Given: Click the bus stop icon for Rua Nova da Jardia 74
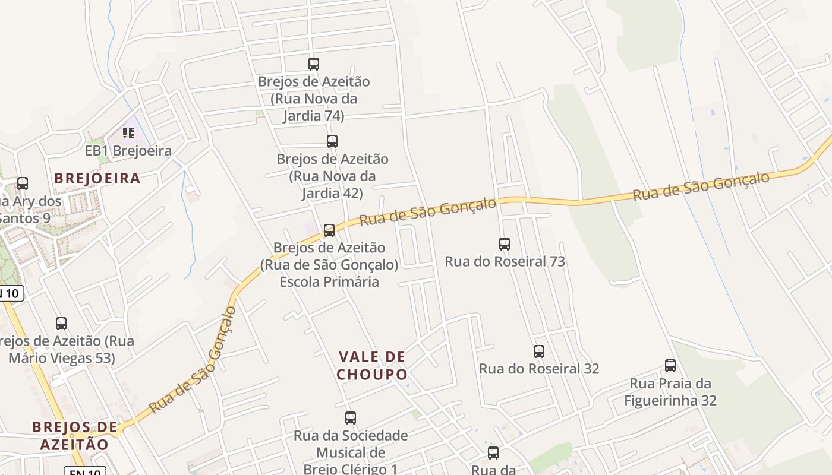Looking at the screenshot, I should click(x=313, y=64).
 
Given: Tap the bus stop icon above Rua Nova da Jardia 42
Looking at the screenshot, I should click(x=332, y=141).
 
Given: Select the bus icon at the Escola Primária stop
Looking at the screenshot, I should click(x=329, y=230).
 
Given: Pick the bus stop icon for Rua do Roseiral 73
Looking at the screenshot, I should click(x=505, y=243).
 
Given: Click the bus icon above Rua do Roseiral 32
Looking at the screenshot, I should click(x=539, y=351).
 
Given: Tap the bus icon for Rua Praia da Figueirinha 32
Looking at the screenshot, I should click(x=670, y=366).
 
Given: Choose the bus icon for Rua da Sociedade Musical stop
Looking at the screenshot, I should click(x=351, y=418).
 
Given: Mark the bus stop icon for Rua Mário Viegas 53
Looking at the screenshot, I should click(x=61, y=324).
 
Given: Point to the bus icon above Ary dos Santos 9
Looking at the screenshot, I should click(x=23, y=183).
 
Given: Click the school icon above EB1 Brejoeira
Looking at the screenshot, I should click(x=128, y=133).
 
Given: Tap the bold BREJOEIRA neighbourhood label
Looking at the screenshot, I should click(x=97, y=178).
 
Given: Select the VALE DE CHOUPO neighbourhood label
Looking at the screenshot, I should click(x=372, y=366).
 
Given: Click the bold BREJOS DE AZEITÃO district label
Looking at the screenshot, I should click(x=75, y=435).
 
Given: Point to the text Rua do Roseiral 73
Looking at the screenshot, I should click(x=505, y=261).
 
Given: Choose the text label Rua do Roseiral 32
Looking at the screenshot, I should click(x=539, y=369).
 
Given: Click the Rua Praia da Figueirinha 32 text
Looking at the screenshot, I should click(x=670, y=392).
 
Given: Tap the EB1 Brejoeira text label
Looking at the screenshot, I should click(x=128, y=151).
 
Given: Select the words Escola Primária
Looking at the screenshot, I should click(x=329, y=281).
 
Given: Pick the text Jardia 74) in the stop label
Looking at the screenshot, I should click(x=313, y=115).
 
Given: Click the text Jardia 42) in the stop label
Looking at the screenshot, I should click(x=332, y=193).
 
